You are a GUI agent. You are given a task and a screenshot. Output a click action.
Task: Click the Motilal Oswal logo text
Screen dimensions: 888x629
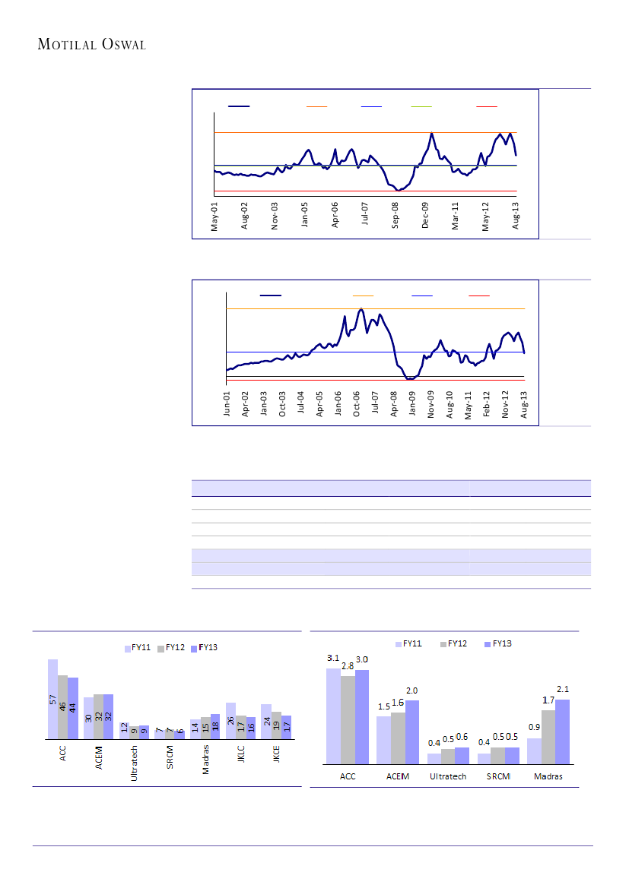coord(92,45)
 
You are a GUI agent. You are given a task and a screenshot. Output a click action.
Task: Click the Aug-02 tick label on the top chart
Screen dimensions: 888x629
coord(245,215)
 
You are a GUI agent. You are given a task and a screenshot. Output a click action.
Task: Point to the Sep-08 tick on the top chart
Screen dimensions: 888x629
coord(396,215)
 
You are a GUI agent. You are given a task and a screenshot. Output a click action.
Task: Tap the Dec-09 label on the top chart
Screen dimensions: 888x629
coord(426,215)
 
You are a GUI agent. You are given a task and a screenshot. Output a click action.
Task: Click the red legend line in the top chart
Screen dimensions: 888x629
coord(487,107)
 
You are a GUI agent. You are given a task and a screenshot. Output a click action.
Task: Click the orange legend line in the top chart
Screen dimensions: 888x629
coord(316,107)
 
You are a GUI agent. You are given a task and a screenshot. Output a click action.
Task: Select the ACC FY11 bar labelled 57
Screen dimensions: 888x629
coord(52,699)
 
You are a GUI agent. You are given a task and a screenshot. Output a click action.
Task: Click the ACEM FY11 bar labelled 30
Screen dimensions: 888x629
coord(88,718)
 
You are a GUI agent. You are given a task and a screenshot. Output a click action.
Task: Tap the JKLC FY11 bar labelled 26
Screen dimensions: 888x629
coord(230,721)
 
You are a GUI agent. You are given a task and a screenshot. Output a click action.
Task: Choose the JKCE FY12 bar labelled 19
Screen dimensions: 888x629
coord(276,725)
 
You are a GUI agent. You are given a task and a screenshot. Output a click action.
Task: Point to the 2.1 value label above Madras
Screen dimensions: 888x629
coord(563,689)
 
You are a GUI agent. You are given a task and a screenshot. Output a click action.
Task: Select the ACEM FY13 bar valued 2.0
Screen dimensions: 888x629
coord(411,732)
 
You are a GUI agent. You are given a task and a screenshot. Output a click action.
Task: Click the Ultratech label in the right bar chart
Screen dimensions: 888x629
coord(448,776)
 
